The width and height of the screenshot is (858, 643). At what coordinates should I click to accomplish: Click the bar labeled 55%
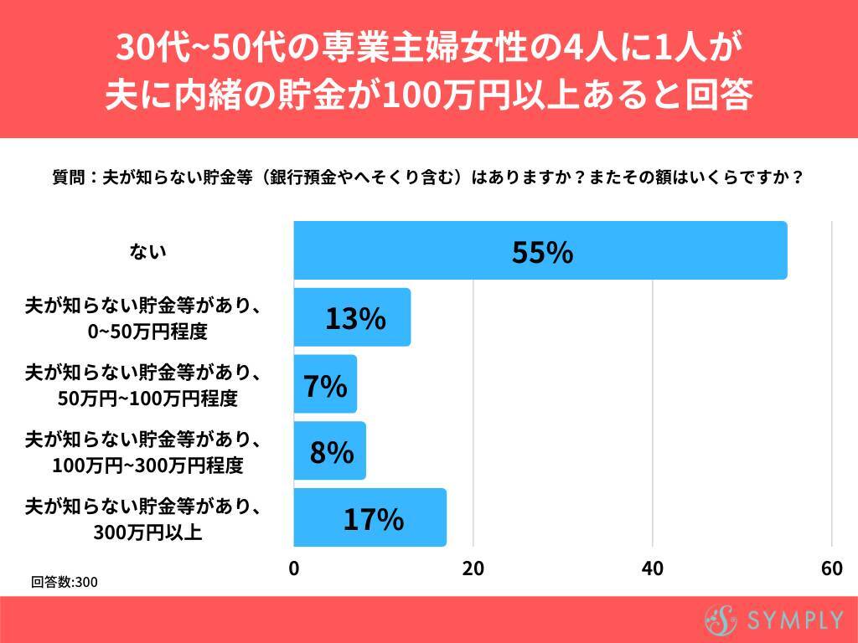pos(540,250)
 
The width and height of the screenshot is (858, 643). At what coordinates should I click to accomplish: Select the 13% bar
pos(352,317)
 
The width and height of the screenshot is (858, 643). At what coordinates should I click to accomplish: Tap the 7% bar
pos(325,384)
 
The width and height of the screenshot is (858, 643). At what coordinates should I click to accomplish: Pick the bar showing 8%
pos(329,451)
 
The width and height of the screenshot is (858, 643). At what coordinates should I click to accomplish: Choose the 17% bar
pos(370,518)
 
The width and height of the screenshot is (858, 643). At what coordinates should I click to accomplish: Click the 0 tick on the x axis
pos(294,568)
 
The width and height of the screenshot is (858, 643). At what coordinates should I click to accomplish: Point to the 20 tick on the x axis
pos(473,568)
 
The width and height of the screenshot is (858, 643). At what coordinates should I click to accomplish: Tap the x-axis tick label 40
pos(652,568)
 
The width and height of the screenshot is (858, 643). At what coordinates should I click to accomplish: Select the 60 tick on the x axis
pos(831,568)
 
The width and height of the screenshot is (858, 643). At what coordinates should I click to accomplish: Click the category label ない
pos(148,250)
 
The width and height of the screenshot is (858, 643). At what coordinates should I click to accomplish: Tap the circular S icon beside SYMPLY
pos(720,620)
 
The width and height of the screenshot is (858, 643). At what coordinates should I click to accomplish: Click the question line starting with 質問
pos(428,177)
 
